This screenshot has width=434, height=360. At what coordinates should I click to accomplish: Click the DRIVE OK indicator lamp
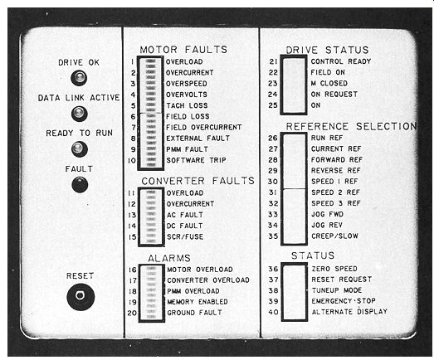pos(79,77)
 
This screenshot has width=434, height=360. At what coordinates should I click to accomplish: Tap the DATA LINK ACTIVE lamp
pos(80,114)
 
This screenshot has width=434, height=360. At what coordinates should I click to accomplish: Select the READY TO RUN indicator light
pos(80,148)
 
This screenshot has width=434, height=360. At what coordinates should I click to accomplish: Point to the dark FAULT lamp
pos(80,185)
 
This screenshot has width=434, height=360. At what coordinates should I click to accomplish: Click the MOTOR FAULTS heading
pos(183,50)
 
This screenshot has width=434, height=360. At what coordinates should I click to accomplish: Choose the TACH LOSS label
pos(187,105)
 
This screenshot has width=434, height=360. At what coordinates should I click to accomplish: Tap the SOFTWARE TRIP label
pos(196,160)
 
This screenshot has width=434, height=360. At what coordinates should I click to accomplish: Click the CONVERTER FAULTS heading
pos(197,181)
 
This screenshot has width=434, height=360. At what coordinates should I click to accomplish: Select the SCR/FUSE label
pos(185,237)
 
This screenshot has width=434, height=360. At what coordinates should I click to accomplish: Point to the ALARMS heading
pos(169,258)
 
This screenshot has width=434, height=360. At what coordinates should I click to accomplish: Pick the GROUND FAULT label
pos(194,313)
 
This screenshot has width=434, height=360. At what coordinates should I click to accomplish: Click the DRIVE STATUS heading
pos(328,50)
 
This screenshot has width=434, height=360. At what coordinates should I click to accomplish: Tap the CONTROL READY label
pos(341,61)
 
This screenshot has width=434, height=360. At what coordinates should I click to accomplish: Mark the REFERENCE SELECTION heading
pos(351,126)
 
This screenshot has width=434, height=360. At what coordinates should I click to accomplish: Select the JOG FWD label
pos(328,214)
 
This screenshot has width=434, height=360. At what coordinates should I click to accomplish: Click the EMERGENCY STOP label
pos(344,301)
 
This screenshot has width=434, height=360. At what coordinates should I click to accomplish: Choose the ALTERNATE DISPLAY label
pos(349,312)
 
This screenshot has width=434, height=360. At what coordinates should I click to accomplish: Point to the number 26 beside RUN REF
pos(273,138)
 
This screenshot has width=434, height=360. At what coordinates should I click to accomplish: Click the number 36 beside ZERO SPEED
pos(273,269)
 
